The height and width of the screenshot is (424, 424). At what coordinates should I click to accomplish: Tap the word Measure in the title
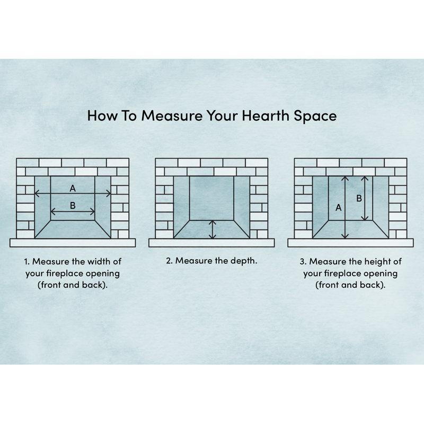(x=172, y=116)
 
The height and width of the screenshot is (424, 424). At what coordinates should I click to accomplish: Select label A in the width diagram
(x=73, y=188)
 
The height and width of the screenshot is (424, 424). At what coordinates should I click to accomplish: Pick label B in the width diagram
(x=73, y=206)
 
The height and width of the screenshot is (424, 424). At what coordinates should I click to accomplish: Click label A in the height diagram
(x=338, y=208)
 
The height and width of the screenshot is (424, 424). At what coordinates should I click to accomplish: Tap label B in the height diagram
(x=359, y=198)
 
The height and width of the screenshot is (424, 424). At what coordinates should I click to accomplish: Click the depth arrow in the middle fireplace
(x=213, y=229)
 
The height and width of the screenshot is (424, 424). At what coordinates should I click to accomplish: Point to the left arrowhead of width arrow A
(x=37, y=193)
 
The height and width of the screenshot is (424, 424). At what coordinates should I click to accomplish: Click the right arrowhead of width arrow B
(x=92, y=211)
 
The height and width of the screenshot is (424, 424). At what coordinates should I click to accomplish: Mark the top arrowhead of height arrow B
(x=365, y=179)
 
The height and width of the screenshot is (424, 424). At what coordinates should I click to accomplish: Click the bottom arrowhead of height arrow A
(x=345, y=236)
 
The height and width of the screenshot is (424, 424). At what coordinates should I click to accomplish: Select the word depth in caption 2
(x=244, y=261)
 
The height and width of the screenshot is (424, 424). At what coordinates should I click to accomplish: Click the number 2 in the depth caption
(x=169, y=261)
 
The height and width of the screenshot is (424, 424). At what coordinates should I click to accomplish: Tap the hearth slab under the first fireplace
(x=73, y=243)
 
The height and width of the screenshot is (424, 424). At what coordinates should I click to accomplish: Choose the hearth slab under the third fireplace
(x=350, y=243)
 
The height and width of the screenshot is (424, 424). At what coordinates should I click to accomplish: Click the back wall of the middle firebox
(x=211, y=198)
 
